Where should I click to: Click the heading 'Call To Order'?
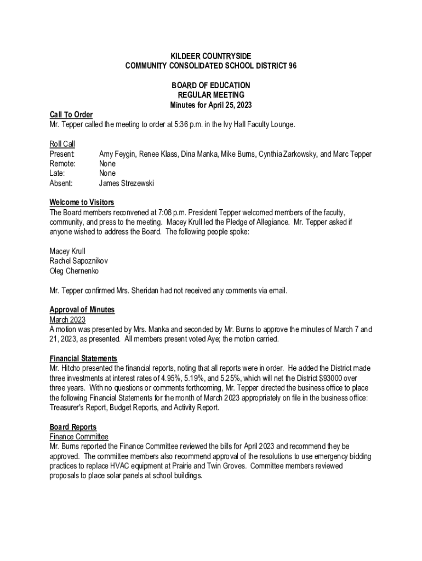pos(71,115)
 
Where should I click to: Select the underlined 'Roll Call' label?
pos(62,144)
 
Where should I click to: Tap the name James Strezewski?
pos(127,184)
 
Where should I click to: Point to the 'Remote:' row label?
pos(62,164)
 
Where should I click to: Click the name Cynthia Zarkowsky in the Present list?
pos(288,154)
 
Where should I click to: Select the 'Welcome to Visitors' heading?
pos(82,203)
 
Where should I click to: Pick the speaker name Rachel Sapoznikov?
pos(79,261)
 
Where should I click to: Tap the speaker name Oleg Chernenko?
pos(75,271)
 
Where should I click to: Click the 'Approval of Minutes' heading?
pos(82,310)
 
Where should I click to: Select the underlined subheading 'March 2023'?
pos(67,319)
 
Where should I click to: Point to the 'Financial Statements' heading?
pos(83,358)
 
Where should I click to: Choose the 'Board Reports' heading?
pos(73,427)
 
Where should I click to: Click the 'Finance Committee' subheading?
pos(79,437)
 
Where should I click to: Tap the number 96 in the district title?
pos(292,66)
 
